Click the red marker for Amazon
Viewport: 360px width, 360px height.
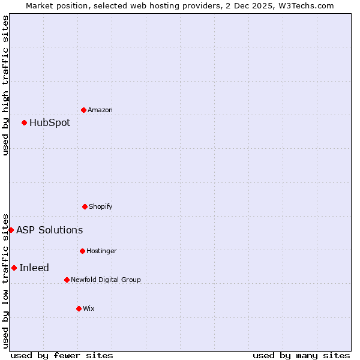pos(83,110)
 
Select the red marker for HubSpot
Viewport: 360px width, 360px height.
pos(24,122)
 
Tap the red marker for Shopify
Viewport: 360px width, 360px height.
pos(85,206)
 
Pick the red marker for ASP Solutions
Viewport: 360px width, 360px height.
pos(11,230)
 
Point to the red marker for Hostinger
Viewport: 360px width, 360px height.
pos(82,251)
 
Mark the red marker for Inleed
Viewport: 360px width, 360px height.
pos(14,268)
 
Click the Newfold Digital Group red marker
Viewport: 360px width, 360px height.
pos(67,280)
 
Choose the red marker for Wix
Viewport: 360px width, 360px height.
pos(79,308)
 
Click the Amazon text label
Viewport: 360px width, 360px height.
pos(100,110)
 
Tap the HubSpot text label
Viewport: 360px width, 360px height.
pos(50,123)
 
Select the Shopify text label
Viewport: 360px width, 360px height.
pos(101,207)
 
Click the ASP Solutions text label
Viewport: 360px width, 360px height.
pos(50,230)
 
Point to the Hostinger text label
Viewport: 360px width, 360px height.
pos(101,251)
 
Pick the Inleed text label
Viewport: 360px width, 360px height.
pos(34,268)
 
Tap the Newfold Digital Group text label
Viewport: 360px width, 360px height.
pos(106,280)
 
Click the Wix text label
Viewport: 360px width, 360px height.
pos(89,308)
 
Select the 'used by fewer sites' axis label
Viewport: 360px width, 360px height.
pos(62,355)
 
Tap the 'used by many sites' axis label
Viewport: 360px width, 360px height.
pos(301,355)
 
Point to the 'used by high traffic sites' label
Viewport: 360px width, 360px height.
pos(5,85)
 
